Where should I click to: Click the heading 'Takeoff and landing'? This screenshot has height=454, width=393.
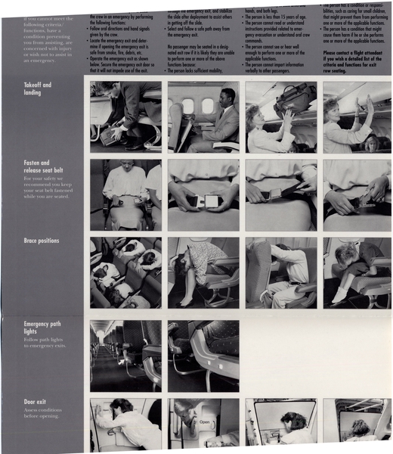(x=37, y=89)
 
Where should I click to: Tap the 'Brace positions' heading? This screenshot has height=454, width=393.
(x=41, y=241)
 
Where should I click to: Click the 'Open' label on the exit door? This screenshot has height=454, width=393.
(x=204, y=422)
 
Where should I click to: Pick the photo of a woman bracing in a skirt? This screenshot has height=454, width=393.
(x=203, y=272)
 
